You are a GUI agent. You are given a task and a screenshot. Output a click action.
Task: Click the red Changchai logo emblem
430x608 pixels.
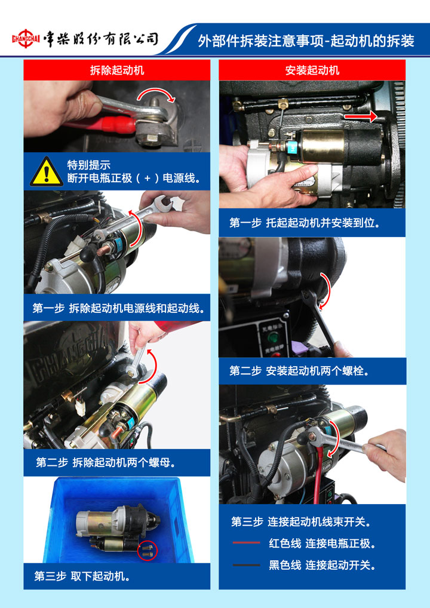(x=26, y=39)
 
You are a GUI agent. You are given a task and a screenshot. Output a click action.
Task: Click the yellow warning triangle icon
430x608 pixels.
(x=47, y=171)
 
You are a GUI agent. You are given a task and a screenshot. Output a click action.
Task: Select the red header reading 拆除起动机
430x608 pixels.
(x=116, y=70)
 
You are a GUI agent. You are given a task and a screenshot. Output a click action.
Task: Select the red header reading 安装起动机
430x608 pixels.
(x=312, y=70)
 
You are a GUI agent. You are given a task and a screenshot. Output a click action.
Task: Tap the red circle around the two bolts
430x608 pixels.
(x=148, y=550)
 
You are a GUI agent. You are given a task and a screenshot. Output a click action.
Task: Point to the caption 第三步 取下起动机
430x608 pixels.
(x=82, y=576)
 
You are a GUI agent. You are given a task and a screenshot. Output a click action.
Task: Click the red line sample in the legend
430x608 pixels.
(x=247, y=543)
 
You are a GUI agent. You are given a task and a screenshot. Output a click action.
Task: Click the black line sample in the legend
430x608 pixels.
(x=247, y=565)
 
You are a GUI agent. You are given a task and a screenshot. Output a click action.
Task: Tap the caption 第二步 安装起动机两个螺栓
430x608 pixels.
(x=299, y=371)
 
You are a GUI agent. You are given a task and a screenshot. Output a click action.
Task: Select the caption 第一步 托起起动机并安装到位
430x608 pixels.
(x=305, y=223)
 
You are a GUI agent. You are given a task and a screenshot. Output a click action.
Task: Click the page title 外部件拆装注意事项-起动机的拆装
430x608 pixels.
(x=306, y=41)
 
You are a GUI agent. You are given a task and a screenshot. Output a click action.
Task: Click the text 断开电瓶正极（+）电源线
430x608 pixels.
(x=134, y=179)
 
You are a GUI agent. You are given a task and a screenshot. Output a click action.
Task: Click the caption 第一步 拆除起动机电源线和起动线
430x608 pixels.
(x=119, y=309)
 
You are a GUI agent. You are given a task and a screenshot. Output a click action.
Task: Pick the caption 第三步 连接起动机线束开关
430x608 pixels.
(x=301, y=522)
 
